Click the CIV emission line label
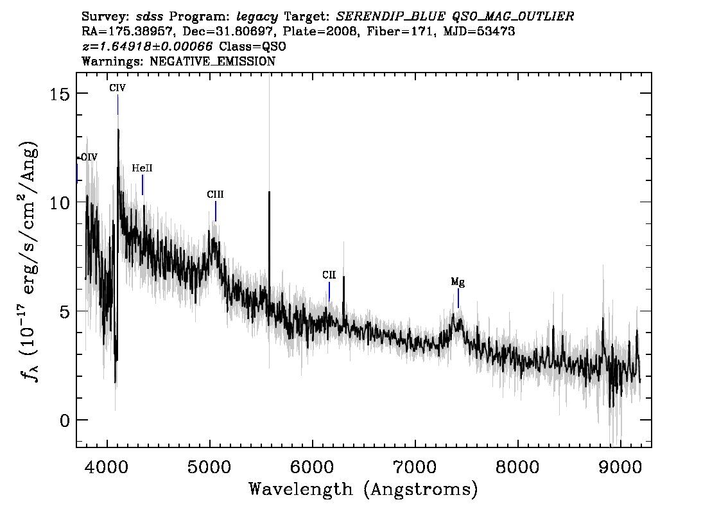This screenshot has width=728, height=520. [117, 88]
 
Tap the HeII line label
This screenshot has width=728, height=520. [142, 168]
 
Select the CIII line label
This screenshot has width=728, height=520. [216, 194]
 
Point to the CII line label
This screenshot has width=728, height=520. [329, 275]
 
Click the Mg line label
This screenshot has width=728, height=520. [458, 282]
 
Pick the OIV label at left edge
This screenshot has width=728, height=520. [89, 157]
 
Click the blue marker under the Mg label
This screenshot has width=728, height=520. [458, 298]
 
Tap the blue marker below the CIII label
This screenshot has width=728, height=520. [216, 211]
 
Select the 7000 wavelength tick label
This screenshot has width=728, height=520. [414, 467]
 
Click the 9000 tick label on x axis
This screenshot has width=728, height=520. [620, 467]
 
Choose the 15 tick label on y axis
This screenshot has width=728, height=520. [59, 94]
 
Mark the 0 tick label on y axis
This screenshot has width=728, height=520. [64, 420]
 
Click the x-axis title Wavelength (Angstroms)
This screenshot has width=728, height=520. [363, 490]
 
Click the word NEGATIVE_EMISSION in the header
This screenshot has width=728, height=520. [212, 61]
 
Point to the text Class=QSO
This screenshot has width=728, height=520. [252, 46]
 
